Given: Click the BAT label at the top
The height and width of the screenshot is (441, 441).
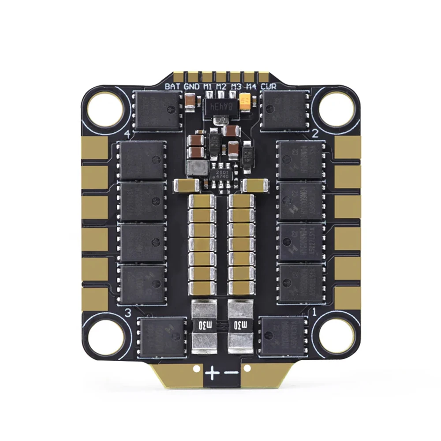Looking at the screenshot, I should coord(173,86).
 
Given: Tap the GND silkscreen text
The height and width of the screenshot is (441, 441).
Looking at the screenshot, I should coord(191,86).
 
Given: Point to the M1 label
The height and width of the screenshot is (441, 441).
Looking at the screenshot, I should coord(208,86).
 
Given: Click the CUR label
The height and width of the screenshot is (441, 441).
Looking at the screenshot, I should coord(269,86).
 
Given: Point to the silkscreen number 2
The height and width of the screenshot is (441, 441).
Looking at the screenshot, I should coord(315,134).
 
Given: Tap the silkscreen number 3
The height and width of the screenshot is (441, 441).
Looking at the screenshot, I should coord(128,313).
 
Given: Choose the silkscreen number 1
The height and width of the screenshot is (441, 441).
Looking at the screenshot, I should coord(314,312).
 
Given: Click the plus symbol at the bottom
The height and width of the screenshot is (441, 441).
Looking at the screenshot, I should coord(212,374).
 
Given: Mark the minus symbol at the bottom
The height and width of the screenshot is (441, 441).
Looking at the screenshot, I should coord(231,374).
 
